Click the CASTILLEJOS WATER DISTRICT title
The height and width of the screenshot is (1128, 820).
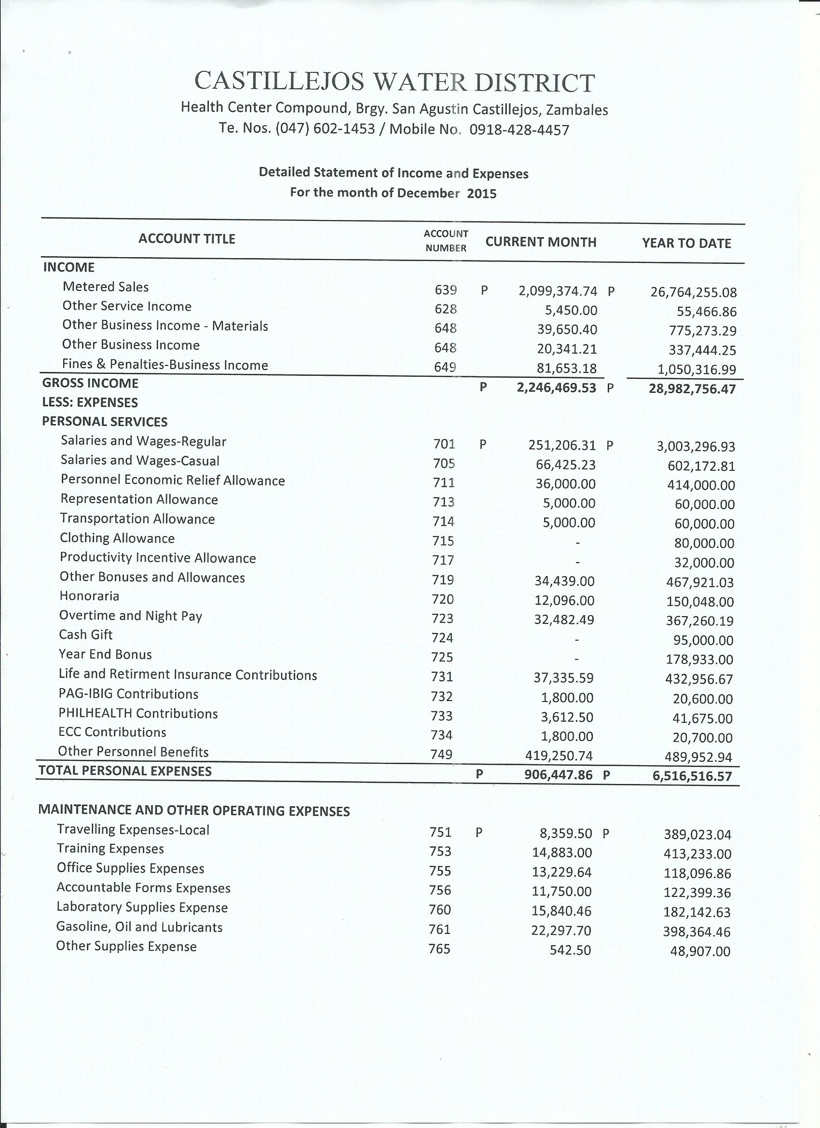pos(395,82)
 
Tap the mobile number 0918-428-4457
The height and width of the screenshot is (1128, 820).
pos(519,130)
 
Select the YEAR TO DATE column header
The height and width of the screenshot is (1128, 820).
pos(686,243)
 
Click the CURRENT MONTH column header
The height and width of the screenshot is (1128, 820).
pos(541,242)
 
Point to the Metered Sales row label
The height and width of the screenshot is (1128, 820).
pos(106,287)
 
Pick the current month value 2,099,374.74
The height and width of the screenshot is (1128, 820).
pos(558,291)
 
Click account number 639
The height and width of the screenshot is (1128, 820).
pos(446,290)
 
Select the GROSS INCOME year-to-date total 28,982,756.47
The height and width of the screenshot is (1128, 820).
pos(692,389)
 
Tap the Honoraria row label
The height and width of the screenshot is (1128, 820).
pos(89,596)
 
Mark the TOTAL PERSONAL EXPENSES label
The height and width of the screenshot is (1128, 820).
pos(125,771)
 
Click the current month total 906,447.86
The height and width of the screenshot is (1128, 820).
pos(560,774)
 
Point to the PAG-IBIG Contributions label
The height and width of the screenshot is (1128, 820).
pos(128,694)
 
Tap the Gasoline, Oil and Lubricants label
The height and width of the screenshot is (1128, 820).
pos(139,927)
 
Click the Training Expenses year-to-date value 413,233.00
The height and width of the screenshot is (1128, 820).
pos(697,854)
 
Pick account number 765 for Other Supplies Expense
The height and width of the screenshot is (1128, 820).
pos(439,949)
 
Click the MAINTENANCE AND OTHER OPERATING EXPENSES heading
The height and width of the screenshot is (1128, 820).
pos(194,811)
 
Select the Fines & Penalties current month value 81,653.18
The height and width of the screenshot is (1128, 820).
pos(566,369)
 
